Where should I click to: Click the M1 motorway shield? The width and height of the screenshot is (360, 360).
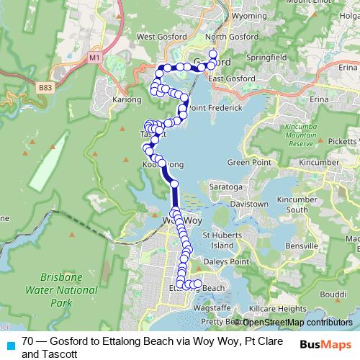[x=94, y=56]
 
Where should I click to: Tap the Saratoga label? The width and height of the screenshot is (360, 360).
[x=224, y=186]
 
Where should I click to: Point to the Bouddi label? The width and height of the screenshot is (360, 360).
[x=332, y=295]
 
